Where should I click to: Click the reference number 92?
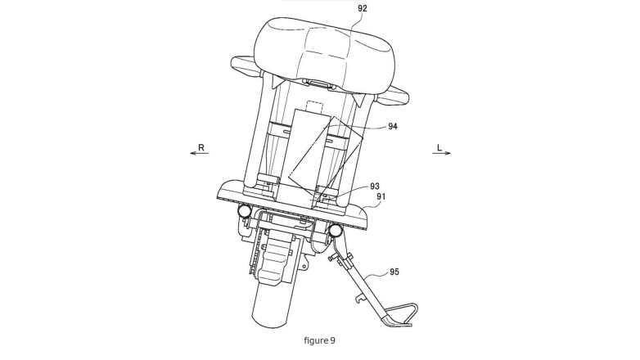tap(362, 7)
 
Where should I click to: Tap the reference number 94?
tap(392, 127)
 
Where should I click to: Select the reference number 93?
tap(375, 186)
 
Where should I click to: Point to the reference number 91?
tap(381, 196)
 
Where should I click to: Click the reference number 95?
tap(394, 272)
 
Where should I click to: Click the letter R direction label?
tap(201, 147)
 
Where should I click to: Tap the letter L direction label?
tap(439, 147)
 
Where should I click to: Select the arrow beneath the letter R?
tap(199, 154)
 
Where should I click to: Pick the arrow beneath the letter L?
tap(442, 154)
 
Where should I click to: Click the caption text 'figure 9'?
tap(320, 340)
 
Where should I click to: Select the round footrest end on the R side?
tap(245, 210)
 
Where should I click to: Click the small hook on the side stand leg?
tap(359, 299)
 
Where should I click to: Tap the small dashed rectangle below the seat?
tap(315, 106)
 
